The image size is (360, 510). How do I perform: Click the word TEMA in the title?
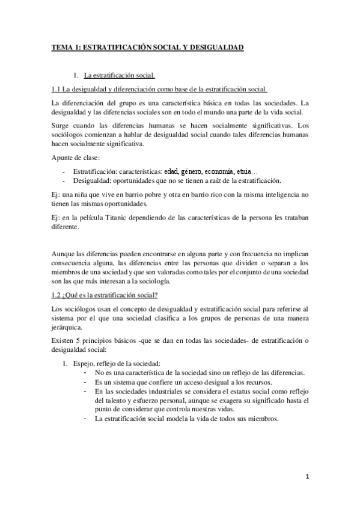pyautogui.click(x=61, y=47)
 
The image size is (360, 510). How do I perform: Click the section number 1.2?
pyautogui.click(x=57, y=295)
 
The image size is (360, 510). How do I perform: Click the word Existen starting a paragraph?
pyautogui.click(x=63, y=340)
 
